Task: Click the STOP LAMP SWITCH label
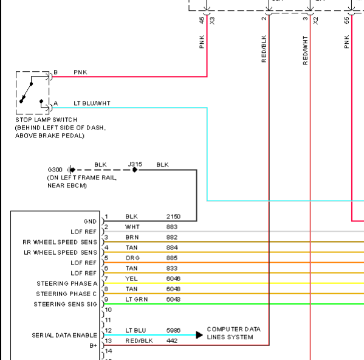[46, 120]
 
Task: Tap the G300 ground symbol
[71, 170]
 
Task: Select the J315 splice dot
[135, 170]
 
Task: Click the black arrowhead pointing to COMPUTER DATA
[199, 335]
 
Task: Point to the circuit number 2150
[173, 216]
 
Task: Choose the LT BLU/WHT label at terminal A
[92, 103]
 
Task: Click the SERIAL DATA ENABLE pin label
[64, 335]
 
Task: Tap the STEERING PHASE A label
[67, 283]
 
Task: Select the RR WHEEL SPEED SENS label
[60, 242]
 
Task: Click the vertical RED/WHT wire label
[305, 50]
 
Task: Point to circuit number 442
[172, 341]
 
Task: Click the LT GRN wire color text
[137, 299]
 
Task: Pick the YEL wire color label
[131, 279]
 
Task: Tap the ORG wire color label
[132, 258]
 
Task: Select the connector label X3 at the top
[212, 21]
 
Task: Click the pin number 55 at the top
[346, 21]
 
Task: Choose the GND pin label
[90, 221]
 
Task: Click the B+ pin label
[93, 345]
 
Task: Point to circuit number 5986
[173, 330]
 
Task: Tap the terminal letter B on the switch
[55, 72]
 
